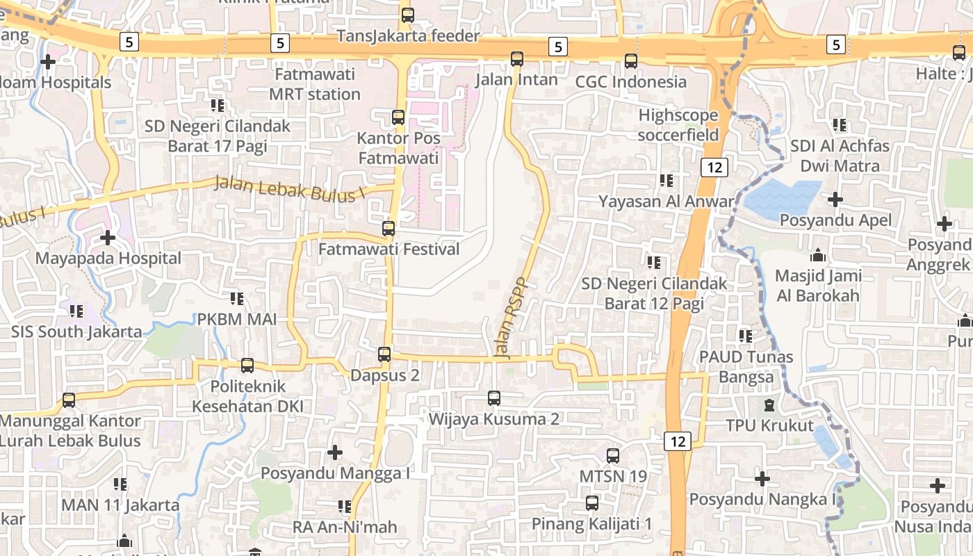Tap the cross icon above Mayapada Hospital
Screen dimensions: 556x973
coord(107,238)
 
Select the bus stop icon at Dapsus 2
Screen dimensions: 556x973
coord(384,354)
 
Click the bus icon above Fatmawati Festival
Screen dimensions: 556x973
coord(389,228)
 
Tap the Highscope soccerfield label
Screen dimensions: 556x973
coord(678,124)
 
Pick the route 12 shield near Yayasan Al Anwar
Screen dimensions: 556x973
coord(714,167)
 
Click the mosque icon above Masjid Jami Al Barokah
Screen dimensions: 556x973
coord(818,255)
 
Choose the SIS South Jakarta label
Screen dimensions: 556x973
coord(76,332)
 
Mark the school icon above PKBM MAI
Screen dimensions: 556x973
coord(237,299)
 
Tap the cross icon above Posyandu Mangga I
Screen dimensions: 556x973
coord(335,453)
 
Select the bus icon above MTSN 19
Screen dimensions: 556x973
coord(612,456)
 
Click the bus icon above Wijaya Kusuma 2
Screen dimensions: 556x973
coord(494,398)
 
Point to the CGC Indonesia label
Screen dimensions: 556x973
coord(631,82)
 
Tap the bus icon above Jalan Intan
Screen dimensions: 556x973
coord(517,59)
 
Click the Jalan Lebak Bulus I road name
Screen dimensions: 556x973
coord(290,189)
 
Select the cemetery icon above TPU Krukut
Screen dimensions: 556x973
coord(769,405)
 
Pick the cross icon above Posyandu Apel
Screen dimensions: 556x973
coord(835,200)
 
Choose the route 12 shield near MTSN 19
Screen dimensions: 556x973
coord(678,441)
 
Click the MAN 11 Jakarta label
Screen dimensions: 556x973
coord(120,505)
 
